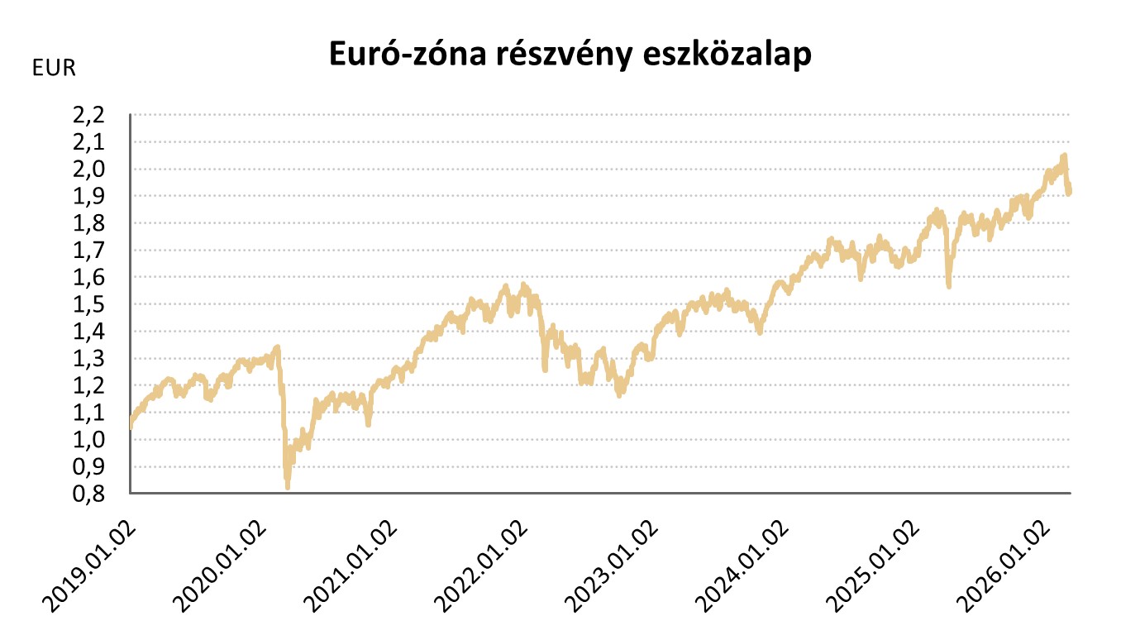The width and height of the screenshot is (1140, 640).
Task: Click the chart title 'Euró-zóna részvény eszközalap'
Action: (x=570, y=54)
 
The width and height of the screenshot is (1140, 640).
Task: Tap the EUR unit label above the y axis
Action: (x=54, y=69)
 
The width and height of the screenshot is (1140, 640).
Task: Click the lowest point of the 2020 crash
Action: (x=287, y=486)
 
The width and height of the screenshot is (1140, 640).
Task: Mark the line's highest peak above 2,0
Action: (x=1064, y=155)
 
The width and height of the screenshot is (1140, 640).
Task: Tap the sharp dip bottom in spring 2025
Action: (x=948, y=285)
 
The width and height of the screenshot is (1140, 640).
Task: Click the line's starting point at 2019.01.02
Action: (x=131, y=427)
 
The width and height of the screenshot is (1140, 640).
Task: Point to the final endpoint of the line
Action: (x=1069, y=192)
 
